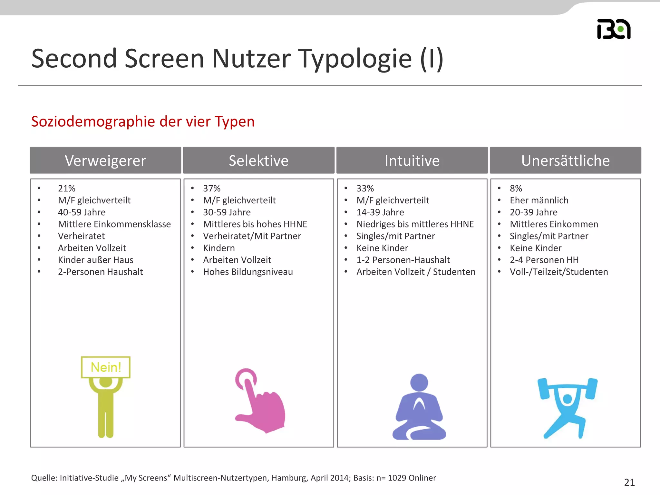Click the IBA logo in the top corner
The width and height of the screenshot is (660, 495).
(x=614, y=29)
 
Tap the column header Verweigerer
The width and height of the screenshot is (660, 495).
(x=105, y=160)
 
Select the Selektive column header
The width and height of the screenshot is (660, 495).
(x=258, y=160)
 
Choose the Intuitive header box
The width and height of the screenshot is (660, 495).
(x=412, y=160)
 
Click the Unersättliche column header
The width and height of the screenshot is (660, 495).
(x=565, y=160)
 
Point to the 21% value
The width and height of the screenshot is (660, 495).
(x=66, y=188)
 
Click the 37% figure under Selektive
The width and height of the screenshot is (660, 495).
(x=212, y=188)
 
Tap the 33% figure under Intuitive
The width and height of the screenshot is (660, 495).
(x=365, y=188)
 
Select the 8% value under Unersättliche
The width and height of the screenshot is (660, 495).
(x=516, y=188)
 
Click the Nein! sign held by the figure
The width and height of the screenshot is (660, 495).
(x=106, y=367)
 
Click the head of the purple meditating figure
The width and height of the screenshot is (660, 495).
(x=419, y=383)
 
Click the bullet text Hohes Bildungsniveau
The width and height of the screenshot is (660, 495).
(x=248, y=272)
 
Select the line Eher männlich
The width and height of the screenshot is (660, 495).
(x=539, y=200)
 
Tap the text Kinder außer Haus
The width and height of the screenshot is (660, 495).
(x=95, y=260)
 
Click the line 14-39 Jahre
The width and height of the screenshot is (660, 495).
(x=380, y=212)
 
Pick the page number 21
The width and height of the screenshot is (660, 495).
(x=629, y=482)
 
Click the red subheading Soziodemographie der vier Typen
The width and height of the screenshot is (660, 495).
(x=143, y=121)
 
